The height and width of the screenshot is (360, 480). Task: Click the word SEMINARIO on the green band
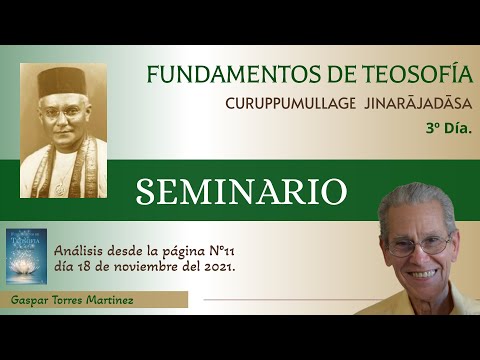(241, 192)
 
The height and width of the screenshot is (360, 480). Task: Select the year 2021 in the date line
(213, 267)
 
